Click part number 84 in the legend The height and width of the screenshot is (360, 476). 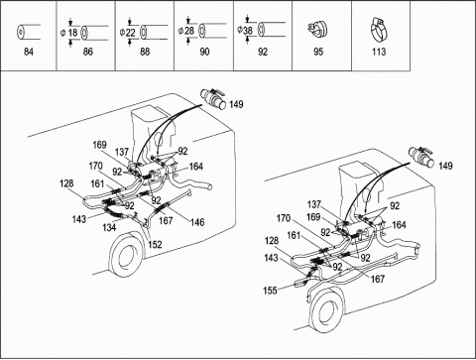[x=29, y=52]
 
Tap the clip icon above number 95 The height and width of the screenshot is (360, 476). [x=317, y=29]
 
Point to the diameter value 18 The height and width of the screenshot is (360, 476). [x=73, y=33]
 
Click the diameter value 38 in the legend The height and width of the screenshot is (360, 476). [x=248, y=31]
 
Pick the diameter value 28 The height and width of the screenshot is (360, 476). [x=189, y=31]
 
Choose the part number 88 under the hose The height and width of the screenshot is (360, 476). [x=145, y=52]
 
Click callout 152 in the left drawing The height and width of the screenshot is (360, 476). [x=155, y=244]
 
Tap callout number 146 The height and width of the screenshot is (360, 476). [x=197, y=222]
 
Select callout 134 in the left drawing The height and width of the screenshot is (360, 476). [x=109, y=227]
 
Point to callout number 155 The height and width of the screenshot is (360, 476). [x=270, y=291]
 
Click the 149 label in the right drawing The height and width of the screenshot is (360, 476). [x=445, y=166]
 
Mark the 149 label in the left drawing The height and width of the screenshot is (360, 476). [x=236, y=104]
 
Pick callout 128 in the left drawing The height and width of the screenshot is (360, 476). [x=66, y=183]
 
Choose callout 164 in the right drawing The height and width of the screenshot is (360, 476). [x=399, y=225]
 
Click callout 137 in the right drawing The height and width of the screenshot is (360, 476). [x=313, y=204]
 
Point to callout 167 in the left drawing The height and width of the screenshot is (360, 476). [x=166, y=220]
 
